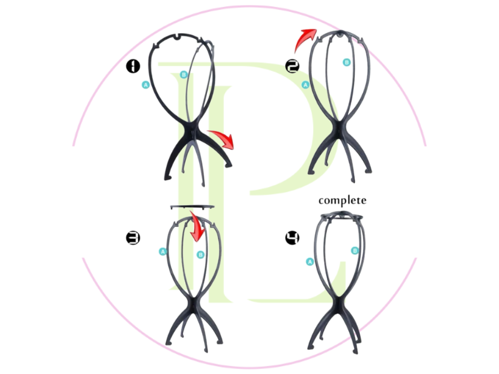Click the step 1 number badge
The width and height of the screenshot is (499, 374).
[133, 65]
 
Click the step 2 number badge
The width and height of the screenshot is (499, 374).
[291, 65]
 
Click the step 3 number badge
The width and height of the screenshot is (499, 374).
[133, 237]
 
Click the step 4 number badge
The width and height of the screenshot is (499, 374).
[291, 237]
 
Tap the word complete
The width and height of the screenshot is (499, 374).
[342, 200]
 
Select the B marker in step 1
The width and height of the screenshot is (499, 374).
[183, 75]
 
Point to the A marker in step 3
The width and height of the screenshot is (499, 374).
[163, 252]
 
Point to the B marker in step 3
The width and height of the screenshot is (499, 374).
[200, 254]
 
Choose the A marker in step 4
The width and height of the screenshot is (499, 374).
[309, 262]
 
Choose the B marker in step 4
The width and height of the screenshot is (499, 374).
[355, 251]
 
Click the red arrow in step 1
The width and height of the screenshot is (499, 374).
[223, 139]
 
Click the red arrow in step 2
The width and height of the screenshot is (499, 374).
[306, 41]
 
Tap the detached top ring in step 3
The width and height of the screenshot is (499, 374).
[193, 206]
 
